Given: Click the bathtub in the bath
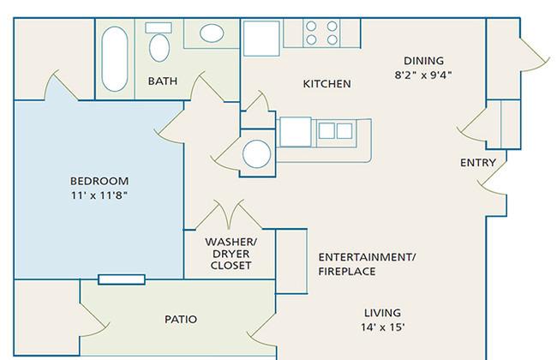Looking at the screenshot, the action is pyautogui.click(x=114, y=59).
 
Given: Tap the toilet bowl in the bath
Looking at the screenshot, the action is pyautogui.click(x=159, y=48).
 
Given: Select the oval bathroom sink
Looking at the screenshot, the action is pyautogui.click(x=212, y=33).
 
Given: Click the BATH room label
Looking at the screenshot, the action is pyautogui.click(x=163, y=81).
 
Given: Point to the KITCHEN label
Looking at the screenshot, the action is pyautogui.click(x=326, y=84).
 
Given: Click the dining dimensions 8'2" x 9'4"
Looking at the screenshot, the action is pyautogui.click(x=423, y=75).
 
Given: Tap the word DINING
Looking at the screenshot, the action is pyautogui.click(x=424, y=61).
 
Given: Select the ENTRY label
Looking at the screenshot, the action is pyautogui.click(x=478, y=163).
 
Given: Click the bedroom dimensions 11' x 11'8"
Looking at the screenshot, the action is pyautogui.click(x=99, y=195).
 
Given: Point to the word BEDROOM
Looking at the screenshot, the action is pyautogui.click(x=99, y=181).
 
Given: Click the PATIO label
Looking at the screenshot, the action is pyautogui.click(x=181, y=319).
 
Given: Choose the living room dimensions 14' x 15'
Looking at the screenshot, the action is pyautogui.click(x=382, y=327).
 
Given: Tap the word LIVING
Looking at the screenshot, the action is pyautogui.click(x=382, y=313).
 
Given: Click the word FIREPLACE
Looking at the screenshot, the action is pyautogui.click(x=347, y=272).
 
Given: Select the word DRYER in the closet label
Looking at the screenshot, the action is pyautogui.click(x=231, y=254).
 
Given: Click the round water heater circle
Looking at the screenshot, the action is pyautogui.click(x=256, y=154).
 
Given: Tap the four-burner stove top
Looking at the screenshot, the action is pyautogui.click(x=321, y=33).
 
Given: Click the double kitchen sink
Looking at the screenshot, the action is pyautogui.click(x=336, y=131).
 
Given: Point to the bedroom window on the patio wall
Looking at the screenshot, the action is pyautogui.click(x=122, y=279).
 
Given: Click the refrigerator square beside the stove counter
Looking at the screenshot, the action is pyautogui.click(x=261, y=38).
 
